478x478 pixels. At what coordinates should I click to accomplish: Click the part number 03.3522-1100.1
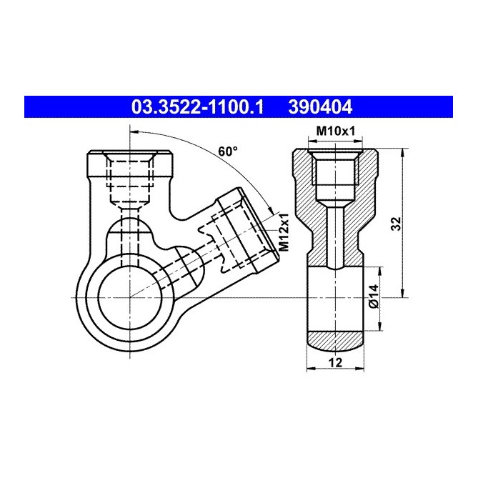(x=197, y=108)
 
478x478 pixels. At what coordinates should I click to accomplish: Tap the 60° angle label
(x=227, y=151)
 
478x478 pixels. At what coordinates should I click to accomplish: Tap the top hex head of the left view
(x=130, y=164)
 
